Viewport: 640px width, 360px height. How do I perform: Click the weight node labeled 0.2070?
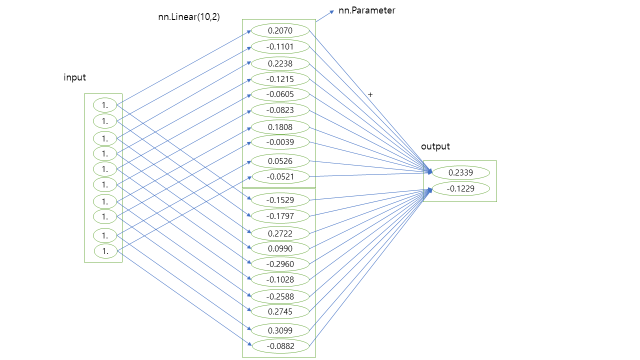(280, 30)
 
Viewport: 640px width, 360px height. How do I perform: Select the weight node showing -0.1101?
(280, 47)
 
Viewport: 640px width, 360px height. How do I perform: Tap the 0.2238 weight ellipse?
(280, 63)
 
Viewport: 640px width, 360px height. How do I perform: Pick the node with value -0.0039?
(280, 142)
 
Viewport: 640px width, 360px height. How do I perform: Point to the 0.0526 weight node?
(280, 161)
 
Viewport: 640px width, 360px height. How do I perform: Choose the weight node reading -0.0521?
(280, 176)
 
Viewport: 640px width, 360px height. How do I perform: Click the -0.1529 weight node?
(280, 200)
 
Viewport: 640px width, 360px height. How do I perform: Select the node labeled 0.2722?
(280, 233)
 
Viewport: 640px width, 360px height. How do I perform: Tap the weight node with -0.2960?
(280, 264)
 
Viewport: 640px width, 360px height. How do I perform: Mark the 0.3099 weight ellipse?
(280, 330)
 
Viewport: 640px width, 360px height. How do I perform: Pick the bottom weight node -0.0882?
(280, 346)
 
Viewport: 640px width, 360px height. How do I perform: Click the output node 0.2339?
(460, 173)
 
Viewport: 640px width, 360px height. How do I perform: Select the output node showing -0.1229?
(460, 188)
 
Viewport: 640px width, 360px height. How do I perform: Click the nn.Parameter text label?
(366, 10)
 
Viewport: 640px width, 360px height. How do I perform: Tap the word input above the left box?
(74, 77)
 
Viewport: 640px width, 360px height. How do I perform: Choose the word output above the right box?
(435, 146)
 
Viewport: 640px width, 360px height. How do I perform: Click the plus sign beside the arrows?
(370, 94)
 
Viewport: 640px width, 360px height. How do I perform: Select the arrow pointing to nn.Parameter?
(325, 15)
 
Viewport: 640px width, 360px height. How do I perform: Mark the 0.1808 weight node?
(280, 127)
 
